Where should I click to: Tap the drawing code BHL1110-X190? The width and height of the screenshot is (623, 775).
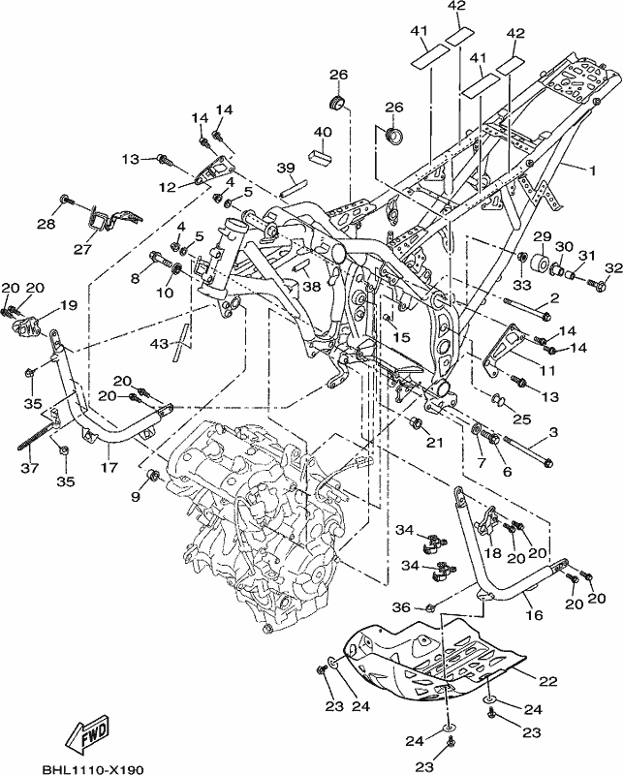click(x=92, y=769)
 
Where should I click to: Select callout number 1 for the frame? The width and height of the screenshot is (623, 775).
click(x=591, y=170)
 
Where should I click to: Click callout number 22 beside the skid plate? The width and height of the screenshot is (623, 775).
click(x=547, y=681)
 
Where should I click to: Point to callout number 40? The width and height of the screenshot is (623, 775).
click(x=323, y=133)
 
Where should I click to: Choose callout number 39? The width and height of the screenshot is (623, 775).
click(x=286, y=168)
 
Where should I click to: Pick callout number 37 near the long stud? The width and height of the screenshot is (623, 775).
click(x=30, y=467)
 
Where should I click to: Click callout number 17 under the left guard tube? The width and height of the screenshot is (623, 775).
click(x=109, y=467)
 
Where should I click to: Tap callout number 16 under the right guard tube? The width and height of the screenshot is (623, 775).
click(x=535, y=615)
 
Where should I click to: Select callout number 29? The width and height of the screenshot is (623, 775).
click(x=543, y=235)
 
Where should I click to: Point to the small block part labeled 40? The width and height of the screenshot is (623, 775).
click(x=321, y=156)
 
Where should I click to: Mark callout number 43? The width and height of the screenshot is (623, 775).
click(x=159, y=343)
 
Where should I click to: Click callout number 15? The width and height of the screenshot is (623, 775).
click(x=401, y=337)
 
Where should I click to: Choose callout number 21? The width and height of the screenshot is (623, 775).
click(x=435, y=443)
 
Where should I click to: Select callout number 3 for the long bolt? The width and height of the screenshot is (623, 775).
click(x=553, y=432)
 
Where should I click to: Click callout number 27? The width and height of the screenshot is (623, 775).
click(x=82, y=249)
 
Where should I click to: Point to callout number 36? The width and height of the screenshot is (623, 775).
click(x=401, y=607)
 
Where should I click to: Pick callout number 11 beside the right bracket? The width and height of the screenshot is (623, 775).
click(x=547, y=370)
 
